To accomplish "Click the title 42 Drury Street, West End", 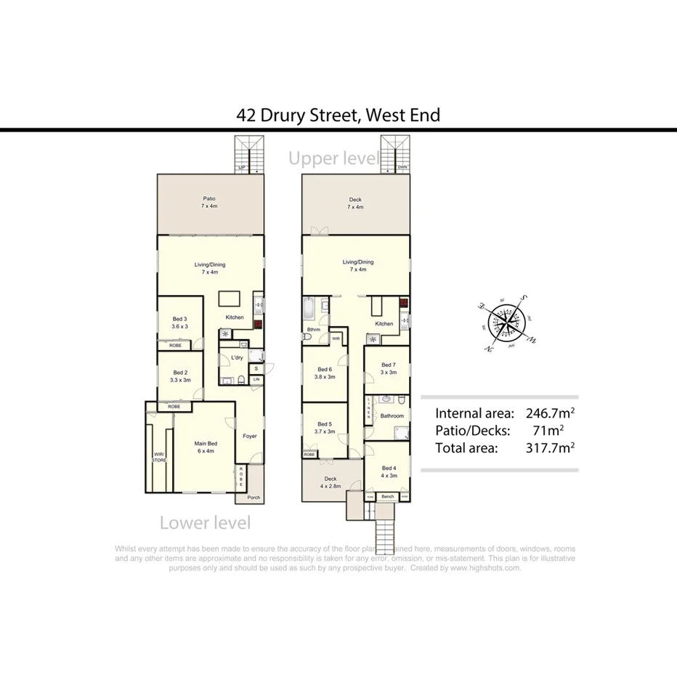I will (338, 115).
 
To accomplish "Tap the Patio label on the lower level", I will (208, 198).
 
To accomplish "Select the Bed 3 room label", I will (180, 319).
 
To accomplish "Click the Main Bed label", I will (206, 443).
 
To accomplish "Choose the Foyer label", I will (250, 436).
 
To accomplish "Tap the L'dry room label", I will (236, 359).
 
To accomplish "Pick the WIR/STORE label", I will (158, 457).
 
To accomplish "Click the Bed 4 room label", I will (389, 469).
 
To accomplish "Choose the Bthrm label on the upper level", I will (314, 330).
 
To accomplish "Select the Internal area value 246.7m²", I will (550, 414).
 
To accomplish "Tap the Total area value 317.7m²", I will (550, 447).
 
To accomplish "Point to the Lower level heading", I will (205, 522).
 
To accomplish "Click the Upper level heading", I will (333, 158).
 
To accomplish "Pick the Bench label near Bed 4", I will (387, 496).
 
